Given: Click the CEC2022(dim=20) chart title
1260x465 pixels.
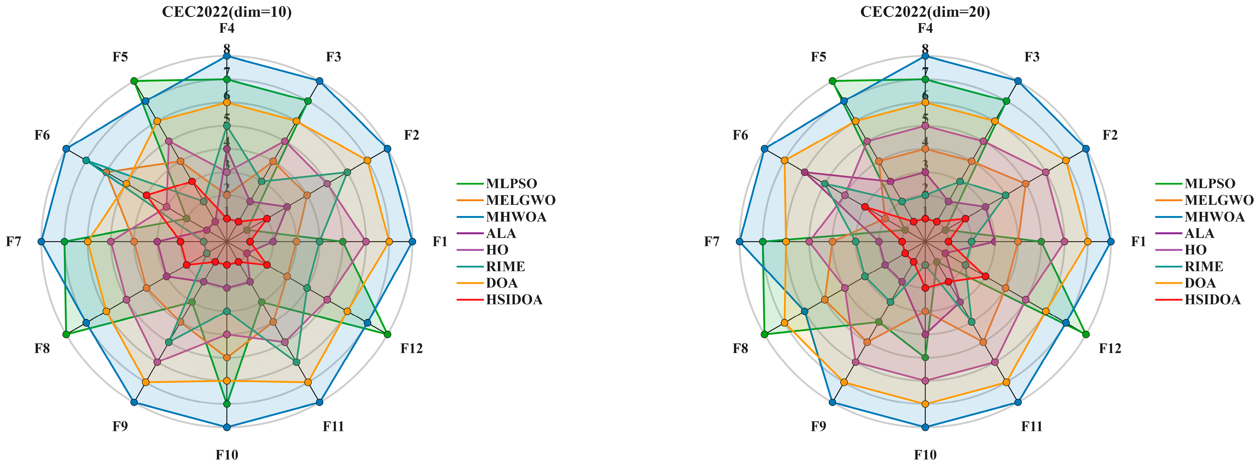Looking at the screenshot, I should (x=925, y=12).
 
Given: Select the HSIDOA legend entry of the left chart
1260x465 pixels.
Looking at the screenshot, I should (x=514, y=300).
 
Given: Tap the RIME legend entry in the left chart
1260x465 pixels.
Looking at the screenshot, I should (x=505, y=267).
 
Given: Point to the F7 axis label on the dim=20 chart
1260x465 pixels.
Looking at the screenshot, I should (x=712, y=242).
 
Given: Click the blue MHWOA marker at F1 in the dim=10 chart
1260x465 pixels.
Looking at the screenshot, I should (x=412, y=242).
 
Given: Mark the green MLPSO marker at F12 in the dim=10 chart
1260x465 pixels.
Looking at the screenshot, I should (x=387, y=335).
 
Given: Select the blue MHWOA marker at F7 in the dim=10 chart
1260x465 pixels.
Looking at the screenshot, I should (x=41, y=242).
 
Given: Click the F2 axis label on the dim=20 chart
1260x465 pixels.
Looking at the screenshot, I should (x=1110, y=135).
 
